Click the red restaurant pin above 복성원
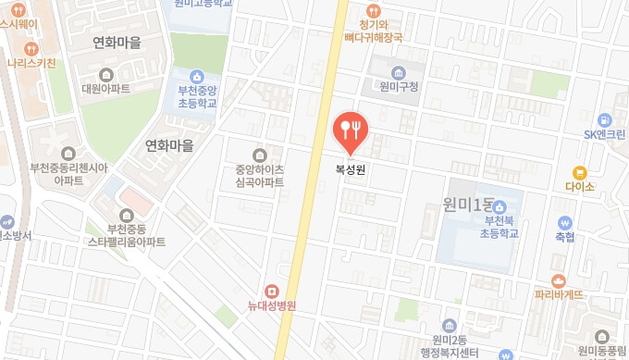click(x=350, y=130)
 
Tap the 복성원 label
click(x=350, y=169)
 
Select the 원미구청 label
click(x=399, y=87)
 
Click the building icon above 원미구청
click(x=399, y=72)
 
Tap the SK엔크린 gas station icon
click(x=604, y=119)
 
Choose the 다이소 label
click(x=580, y=185)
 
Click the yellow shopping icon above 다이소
click(x=580, y=171)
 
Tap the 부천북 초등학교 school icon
click(x=502, y=206)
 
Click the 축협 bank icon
click(x=564, y=223)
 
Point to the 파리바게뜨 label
click(x=559, y=295)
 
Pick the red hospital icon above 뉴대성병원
click(x=271, y=292)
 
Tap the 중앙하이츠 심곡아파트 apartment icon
click(x=259, y=155)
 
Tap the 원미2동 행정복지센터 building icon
click(x=449, y=325)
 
